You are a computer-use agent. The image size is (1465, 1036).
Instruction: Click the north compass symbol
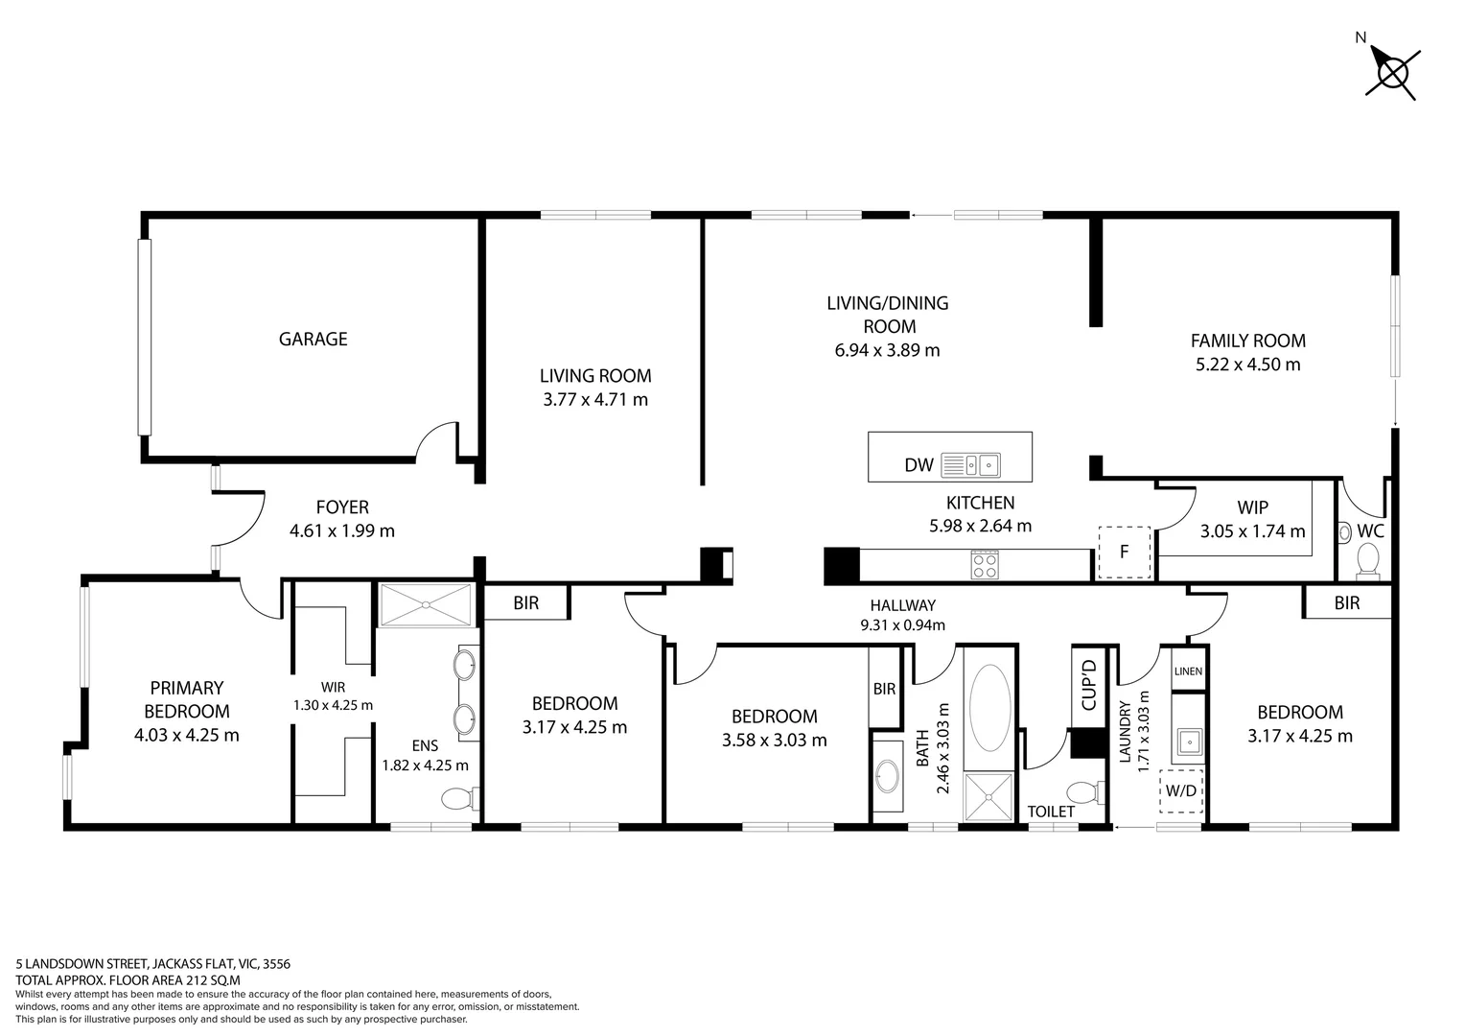pyautogui.click(x=1392, y=72)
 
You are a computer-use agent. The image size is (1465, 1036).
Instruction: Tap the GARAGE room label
pyautogui.click(x=313, y=339)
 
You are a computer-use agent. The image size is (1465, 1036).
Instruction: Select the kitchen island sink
pyautogui.click(x=970, y=465)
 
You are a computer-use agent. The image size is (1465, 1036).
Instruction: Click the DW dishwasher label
pyautogui.click(x=919, y=465)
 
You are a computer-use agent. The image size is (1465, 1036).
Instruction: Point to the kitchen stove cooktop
pyautogui.click(x=985, y=564)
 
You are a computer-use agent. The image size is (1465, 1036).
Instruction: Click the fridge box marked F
pyautogui.click(x=1124, y=553)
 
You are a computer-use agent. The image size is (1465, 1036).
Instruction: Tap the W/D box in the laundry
pyautogui.click(x=1180, y=791)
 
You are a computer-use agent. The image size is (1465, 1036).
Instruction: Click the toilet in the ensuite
pyautogui.click(x=457, y=798)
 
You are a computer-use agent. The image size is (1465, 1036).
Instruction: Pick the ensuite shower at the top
pyautogui.click(x=425, y=604)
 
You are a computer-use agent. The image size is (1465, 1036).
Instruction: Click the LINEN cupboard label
pyautogui.click(x=1187, y=671)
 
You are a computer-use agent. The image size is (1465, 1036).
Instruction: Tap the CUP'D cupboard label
pyautogui.click(x=1088, y=685)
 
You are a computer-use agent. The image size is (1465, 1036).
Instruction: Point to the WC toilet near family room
pyautogui.click(x=1367, y=557)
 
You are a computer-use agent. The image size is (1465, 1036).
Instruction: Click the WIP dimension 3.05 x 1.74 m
pyautogui.click(x=1252, y=530)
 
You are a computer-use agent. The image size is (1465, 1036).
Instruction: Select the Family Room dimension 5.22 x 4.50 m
pyautogui.click(x=1247, y=365)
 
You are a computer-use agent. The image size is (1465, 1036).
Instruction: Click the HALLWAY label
pyautogui.click(x=902, y=605)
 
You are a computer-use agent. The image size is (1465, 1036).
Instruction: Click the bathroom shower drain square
pyautogui.click(x=988, y=798)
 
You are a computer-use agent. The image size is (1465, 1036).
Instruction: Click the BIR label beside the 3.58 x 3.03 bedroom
pyautogui.click(x=884, y=689)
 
